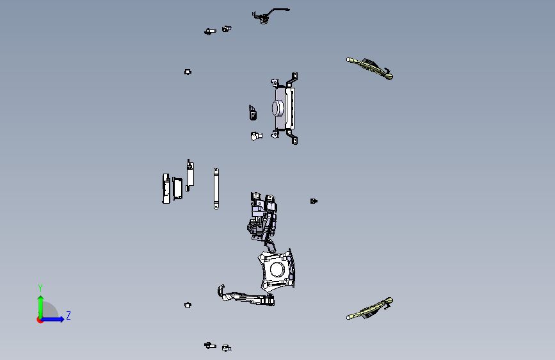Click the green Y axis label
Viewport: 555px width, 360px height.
pos(40,288)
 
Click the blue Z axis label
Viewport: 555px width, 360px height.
pos(68,315)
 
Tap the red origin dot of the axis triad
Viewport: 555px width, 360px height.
pos(40,320)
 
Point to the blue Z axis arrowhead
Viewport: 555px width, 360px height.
pos(61,319)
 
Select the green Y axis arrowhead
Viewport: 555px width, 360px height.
pos(41,299)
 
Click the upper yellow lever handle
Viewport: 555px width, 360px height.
pos(369,68)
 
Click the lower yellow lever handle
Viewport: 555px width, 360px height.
pos(369,309)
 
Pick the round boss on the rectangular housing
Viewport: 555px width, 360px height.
pos(278,108)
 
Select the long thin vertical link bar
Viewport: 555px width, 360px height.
pos(216,188)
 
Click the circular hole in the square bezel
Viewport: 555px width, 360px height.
pos(277,270)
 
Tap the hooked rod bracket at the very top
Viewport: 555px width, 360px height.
pos(269,15)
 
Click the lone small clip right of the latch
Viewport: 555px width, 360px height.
pos(314,201)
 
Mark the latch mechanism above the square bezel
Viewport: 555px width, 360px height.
pos(262,220)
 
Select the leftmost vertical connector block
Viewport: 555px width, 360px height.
pos(166,188)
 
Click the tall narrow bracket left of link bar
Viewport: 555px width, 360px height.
pos(190,175)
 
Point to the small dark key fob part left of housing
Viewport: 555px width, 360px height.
pos(253,113)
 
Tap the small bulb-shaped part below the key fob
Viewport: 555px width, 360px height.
pos(256,136)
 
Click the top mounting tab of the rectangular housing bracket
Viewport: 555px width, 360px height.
pos(294,76)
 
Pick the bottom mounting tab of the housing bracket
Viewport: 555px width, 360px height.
pos(294,140)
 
